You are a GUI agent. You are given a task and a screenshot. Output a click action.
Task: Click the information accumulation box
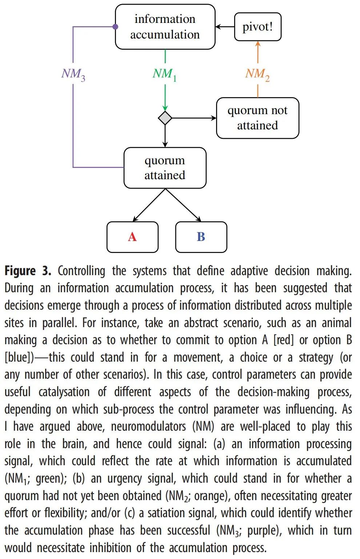tap(165, 27)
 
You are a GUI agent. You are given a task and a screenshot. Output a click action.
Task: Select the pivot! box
tap(257, 27)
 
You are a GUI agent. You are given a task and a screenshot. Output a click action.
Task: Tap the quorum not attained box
tap(257, 118)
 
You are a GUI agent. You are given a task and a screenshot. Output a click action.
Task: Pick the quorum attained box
tap(165, 168)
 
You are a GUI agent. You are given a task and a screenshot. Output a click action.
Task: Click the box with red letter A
tap(132, 237)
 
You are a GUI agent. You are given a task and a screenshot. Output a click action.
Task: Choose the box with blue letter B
tap(201, 237)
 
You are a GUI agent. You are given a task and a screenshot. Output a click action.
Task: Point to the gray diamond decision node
tap(165, 118)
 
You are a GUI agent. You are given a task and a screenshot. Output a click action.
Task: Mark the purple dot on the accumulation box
tap(115, 27)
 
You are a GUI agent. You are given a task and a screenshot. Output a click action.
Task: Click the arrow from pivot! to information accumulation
tap(225, 27)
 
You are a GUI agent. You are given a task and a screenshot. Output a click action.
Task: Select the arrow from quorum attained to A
tap(149, 205)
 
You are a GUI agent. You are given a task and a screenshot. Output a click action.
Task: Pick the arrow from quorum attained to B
tap(183, 205)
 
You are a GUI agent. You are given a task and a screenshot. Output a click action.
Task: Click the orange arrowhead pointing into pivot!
tap(258, 44)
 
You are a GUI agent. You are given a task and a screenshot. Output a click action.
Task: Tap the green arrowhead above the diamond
tap(165, 108)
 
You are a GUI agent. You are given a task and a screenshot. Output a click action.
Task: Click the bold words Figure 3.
tap(28, 271)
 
